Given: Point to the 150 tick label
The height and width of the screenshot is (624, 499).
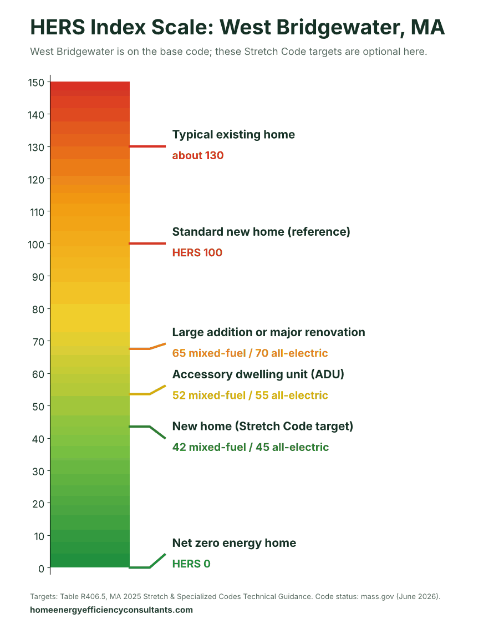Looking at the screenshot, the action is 36,83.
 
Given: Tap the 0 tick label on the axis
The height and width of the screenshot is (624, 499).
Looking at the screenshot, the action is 42,569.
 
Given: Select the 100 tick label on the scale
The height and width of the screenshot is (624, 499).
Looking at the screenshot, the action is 36,245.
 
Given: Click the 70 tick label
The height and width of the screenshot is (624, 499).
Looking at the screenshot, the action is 38,342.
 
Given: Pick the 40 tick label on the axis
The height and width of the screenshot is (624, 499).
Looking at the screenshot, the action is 38,439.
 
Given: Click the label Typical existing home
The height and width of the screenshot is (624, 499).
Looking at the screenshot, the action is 233,135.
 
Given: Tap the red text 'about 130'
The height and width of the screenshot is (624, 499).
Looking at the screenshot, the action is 198,155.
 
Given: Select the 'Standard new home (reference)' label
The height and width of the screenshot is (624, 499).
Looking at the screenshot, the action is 261,232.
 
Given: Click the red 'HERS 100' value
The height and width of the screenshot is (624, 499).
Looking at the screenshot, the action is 197,252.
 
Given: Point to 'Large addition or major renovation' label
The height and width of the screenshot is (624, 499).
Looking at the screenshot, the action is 268,332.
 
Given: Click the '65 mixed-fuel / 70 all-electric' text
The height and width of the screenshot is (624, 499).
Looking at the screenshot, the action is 250,353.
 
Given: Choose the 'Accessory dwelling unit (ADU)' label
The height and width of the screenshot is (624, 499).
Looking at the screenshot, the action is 258,374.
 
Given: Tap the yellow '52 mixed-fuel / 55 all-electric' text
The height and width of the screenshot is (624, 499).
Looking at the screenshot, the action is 250,395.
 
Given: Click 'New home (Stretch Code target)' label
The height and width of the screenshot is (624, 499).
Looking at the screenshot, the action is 263,426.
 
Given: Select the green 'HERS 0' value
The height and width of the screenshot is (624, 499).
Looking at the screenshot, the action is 191,564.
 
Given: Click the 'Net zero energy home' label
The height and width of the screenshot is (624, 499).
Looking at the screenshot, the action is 234,543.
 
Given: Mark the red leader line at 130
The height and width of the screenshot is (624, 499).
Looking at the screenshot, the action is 147,146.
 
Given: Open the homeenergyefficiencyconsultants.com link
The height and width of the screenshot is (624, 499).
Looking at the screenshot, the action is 111,610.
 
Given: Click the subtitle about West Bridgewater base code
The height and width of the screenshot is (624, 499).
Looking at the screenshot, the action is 228,52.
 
